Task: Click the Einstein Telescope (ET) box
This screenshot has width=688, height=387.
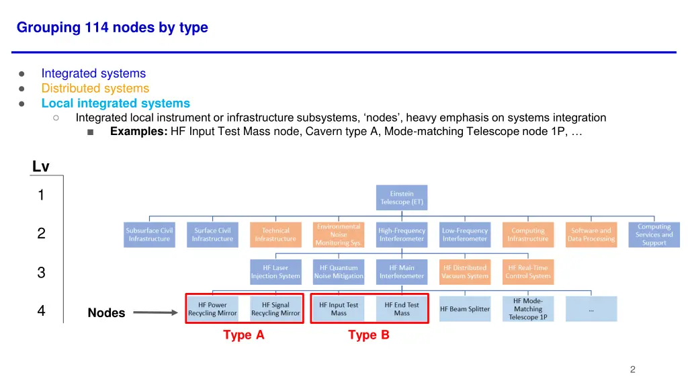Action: [x=402, y=198]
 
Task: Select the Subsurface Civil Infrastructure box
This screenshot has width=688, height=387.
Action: [x=149, y=234]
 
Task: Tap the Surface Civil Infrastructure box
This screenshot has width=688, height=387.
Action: [x=212, y=234]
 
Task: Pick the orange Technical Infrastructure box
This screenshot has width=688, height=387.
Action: [x=275, y=234]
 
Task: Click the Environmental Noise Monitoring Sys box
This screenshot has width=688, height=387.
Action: [x=339, y=234]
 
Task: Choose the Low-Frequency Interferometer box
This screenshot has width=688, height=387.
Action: [x=465, y=234]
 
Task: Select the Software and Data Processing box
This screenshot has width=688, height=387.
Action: [x=591, y=234]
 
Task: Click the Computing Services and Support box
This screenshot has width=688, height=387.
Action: [x=654, y=234]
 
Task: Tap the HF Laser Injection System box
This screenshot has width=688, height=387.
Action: [x=275, y=272]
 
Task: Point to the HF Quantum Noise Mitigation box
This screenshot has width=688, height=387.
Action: [x=339, y=272]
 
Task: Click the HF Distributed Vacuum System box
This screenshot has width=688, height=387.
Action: [x=465, y=272]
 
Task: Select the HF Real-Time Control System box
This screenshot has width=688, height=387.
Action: [x=528, y=272]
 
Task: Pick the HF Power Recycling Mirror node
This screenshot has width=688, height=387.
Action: [x=212, y=309]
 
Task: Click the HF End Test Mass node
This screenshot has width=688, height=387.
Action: [x=402, y=309]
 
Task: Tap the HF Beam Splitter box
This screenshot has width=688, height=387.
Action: [x=465, y=309]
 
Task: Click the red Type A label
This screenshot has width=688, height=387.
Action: [x=243, y=335]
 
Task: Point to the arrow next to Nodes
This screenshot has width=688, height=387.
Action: [x=155, y=312]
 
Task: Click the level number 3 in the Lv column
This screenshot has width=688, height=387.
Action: [x=41, y=273]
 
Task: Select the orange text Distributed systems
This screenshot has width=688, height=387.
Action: [x=95, y=89]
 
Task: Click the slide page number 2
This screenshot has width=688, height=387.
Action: [x=632, y=370]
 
